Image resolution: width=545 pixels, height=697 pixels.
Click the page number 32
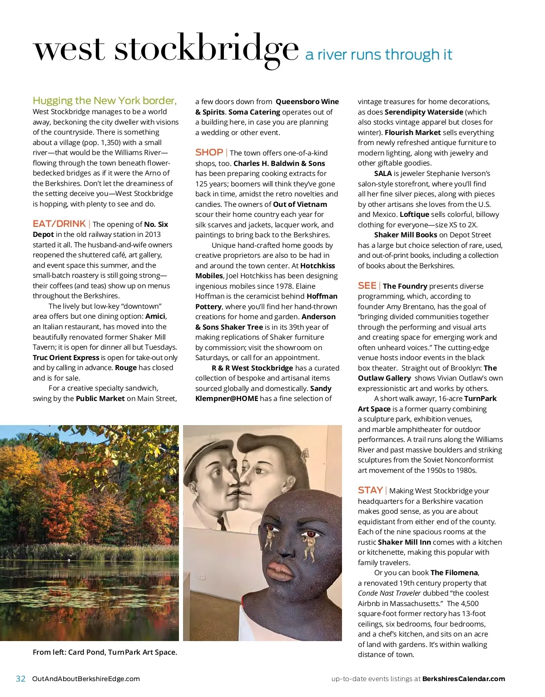[x=20, y=679]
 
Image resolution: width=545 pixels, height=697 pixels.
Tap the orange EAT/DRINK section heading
[x=59, y=224]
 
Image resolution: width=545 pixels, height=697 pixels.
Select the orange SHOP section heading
[x=209, y=152]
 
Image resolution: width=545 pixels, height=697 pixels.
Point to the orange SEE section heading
[x=367, y=286]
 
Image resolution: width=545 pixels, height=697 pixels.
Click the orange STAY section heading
[x=370, y=490]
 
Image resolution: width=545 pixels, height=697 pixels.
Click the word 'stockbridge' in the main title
[x=207, y=49]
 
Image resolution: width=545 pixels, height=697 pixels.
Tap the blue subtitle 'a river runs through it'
[x=379, y=55]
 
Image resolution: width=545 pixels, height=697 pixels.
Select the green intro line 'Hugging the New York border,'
[x=104, y=100]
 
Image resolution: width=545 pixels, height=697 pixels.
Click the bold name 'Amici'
[x=155, y=316]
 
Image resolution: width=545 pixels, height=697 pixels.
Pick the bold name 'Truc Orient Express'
[x=66, y=357]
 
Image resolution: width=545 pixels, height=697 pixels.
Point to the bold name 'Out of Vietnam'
[x=300, y=204]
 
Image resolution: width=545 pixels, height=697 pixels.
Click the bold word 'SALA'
[x=383, y=173]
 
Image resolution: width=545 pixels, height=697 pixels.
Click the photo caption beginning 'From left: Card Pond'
[x=105, y=652]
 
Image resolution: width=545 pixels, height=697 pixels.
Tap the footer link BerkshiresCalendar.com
[x=463, y=679]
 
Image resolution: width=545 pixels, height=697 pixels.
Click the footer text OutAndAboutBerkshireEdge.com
[x=86, y=679]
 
